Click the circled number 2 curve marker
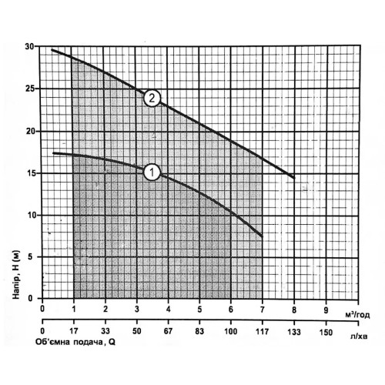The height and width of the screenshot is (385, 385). coord(152,98)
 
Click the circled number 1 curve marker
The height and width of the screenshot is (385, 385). coord(152,172)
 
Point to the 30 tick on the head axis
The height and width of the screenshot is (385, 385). coord(29,47)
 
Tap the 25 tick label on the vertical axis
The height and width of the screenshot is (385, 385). coord(29,89)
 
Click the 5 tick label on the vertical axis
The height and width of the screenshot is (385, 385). coord(31,257)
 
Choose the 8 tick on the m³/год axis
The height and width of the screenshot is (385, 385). coord(294,310)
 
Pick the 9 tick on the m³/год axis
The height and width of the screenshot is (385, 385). coord(326,310)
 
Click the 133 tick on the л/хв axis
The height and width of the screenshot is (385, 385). coord(294,332)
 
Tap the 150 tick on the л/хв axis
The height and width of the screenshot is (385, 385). coord(326,332)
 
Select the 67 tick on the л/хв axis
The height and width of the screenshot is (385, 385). coord(168,331)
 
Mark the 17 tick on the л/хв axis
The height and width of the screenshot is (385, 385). coord(74,331)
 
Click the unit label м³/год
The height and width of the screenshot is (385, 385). coord(357,315)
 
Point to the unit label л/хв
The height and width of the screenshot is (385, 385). coord(359,336)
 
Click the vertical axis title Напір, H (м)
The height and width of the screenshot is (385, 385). coord(16,274)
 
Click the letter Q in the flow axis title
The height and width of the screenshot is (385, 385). coord(112,343)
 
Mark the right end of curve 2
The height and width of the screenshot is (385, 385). coord(294,178)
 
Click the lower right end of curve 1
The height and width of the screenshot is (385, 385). coord(262,236)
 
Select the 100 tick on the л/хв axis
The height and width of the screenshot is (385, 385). coord(231,331)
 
